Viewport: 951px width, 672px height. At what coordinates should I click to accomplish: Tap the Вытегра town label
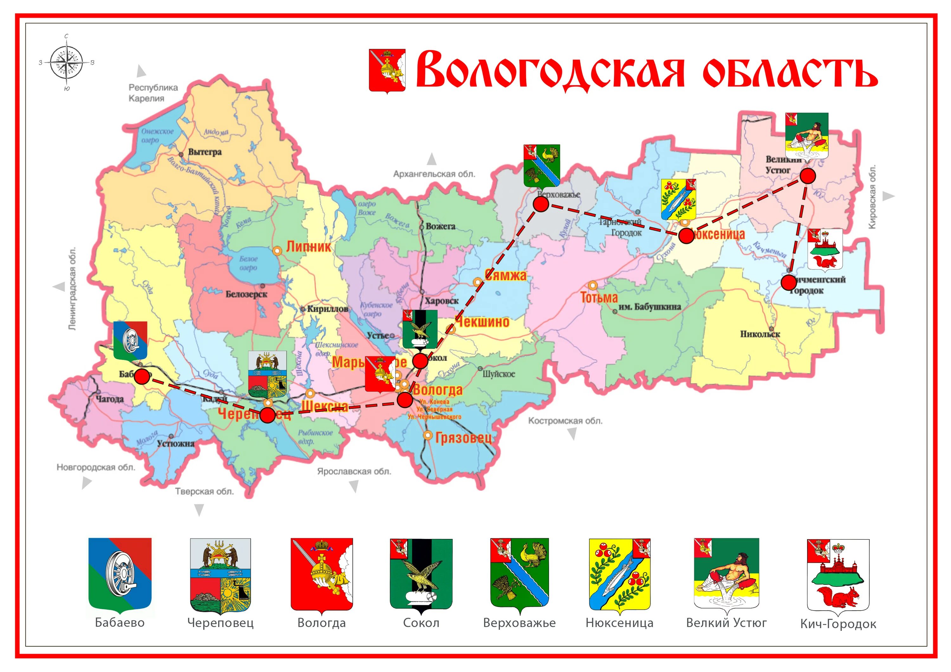(x=204, y=152)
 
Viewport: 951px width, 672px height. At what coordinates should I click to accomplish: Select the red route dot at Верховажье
(x=541, y=204)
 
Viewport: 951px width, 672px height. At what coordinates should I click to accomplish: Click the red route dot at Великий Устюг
(x=807, y=176)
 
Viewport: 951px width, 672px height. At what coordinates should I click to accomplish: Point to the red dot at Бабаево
(x=142, y=376)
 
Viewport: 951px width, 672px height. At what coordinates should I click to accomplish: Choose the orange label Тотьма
(x=599, y=297)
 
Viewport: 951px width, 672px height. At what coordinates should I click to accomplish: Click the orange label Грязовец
(x=463, y=438)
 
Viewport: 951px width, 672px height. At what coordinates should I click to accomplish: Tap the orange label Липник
(x=308, y=247)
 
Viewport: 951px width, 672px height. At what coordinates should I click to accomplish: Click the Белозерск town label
(x=246, y=294)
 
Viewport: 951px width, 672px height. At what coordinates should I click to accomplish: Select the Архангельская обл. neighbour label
(x=434, y=174)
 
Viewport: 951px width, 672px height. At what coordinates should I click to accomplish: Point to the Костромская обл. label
(x=565, y=421)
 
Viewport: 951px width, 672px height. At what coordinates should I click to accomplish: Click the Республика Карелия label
(x=153, y=93)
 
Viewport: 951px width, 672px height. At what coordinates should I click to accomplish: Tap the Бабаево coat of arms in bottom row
(x=120, y=575)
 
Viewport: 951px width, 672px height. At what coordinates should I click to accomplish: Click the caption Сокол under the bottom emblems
(x=421, y=623)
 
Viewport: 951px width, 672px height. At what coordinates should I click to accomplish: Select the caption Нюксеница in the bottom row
(x=619, y=623)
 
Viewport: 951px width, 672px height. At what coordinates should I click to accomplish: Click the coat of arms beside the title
(x=387, y=71)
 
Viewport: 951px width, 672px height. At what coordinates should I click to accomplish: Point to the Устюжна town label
(x=176, y=444)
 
